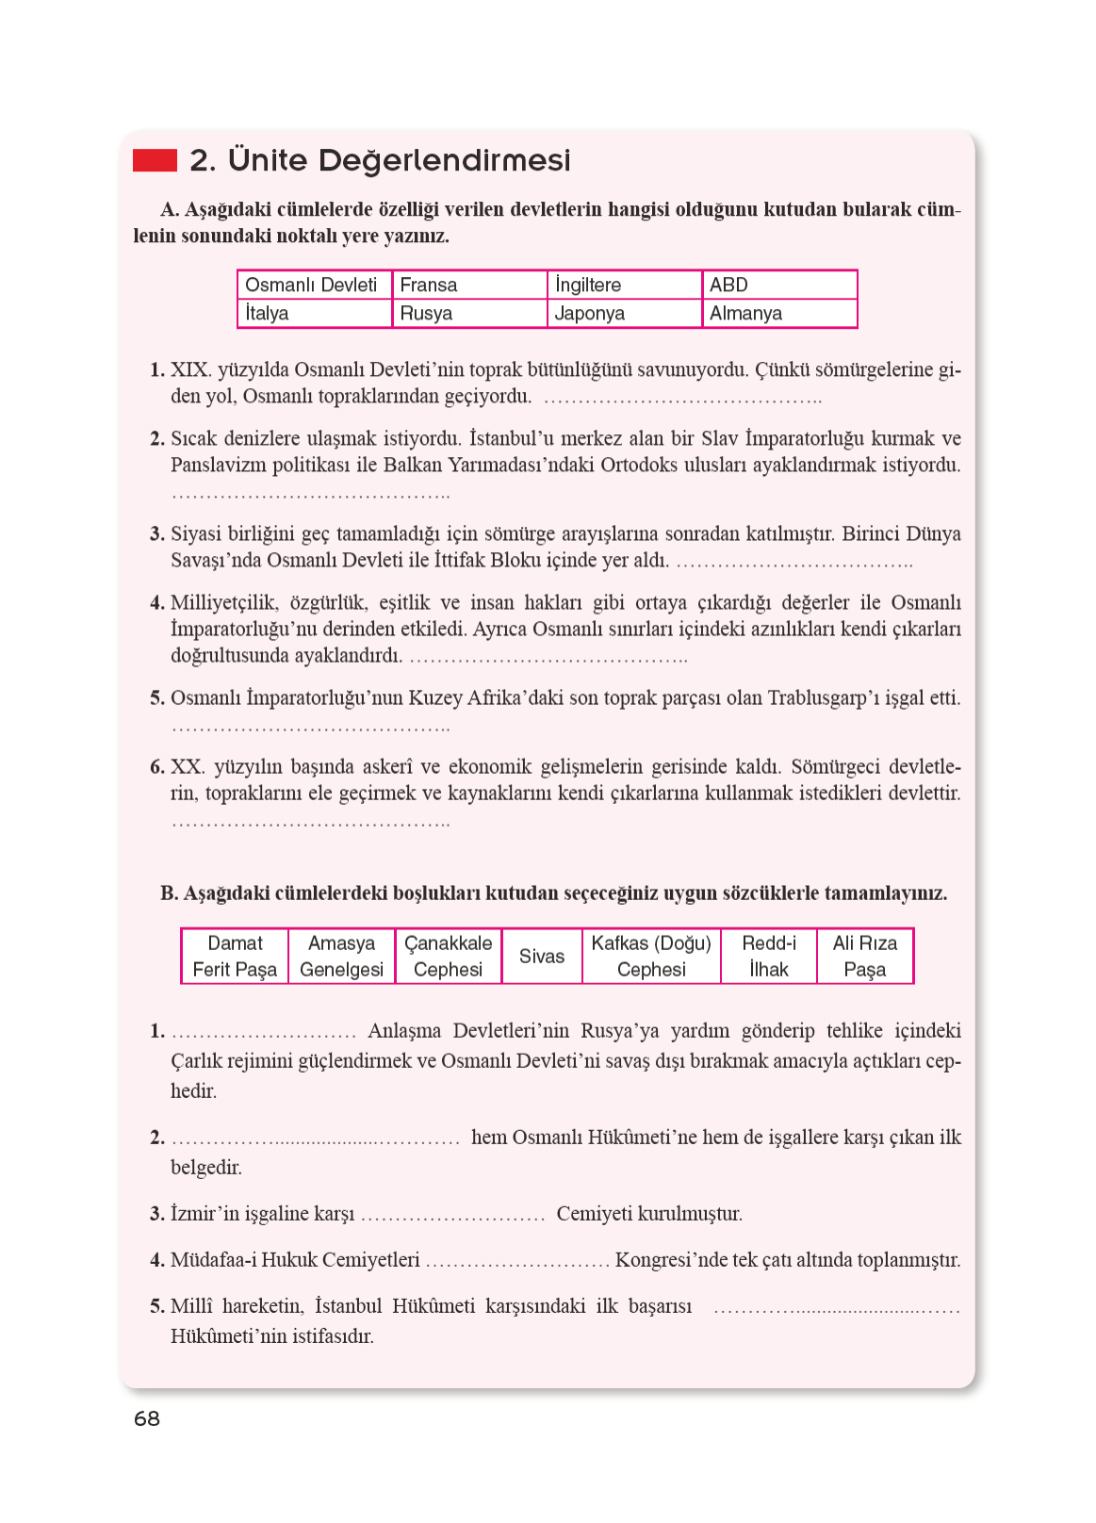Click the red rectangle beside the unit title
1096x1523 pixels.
click(155, 160)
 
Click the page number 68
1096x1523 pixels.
click(147, 1418)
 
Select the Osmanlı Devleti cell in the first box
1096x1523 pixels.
click(314, 285)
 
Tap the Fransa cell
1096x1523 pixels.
click(468, 285)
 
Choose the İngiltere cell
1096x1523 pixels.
click(623, 285)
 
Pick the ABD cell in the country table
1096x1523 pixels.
click(778, 285)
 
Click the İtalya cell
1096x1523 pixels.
click(314, 313)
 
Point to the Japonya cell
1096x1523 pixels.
click(623, 313)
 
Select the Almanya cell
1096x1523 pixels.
click(778, 313)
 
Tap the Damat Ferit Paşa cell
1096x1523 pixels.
click(235, 956)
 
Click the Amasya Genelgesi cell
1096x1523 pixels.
click(341, 956)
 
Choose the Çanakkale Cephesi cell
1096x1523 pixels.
click(448, 956)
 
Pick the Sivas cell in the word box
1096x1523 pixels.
click(542, 956)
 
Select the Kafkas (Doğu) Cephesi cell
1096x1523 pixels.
click(651, 956)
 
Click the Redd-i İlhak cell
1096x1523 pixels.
click(768, 956)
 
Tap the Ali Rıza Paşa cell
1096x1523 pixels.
click(864, 956)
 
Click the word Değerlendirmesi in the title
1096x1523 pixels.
click(444, 161)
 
